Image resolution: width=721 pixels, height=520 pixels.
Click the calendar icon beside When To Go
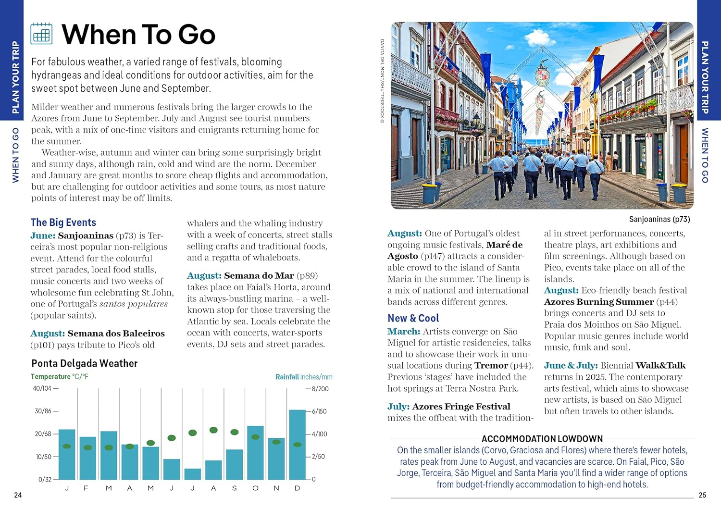[x=41, y=34]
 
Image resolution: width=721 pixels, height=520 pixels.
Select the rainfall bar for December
[x=297, y=445]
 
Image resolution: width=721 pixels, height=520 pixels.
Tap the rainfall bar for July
[x=193, y=474]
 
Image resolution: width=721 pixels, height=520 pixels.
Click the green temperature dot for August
[x=213, y=430]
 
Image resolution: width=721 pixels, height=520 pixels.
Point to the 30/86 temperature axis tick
[x=46, y=411]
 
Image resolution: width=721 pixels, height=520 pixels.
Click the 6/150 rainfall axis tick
[x=317, y=411]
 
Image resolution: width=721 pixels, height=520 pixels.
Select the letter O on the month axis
[x=255, y=488]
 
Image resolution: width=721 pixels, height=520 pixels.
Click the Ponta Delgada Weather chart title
[x=85, y=363]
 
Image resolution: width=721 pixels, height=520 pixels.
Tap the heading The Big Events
[x=63, y=222]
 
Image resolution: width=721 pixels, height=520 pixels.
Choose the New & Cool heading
[x=413, y=318]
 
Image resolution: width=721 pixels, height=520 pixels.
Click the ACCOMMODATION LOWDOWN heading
[x=542, y=439]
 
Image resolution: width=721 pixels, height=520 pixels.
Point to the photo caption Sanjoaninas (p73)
[x=659, y=219]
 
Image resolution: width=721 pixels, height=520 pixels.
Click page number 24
[x=18, y=495]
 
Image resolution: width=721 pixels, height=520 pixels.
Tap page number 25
[x=702, y=495]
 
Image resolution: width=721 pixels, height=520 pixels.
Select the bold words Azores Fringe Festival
[x=461, y=407]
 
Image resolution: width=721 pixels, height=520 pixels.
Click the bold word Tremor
[x=491, y=365]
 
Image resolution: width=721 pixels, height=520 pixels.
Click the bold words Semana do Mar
[x=259, y=275]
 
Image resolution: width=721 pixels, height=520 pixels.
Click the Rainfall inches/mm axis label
[x=304, y=377]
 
